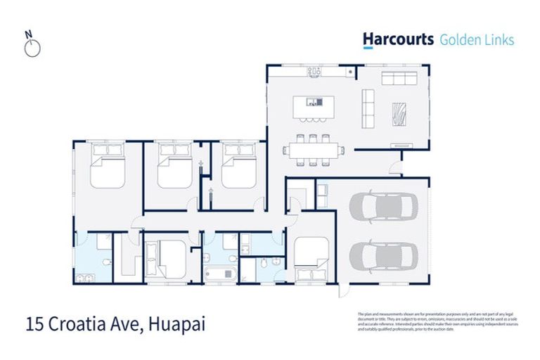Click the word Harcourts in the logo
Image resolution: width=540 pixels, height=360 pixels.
tap(398, 39)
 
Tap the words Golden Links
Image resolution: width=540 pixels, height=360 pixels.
tap(476, 39)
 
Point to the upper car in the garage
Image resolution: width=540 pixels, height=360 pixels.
tap(384, 207)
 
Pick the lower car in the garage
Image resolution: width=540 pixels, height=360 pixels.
tap(384, 257)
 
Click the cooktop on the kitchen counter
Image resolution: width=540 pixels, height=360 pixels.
tap(314, 72)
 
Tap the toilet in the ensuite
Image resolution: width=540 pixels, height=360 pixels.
tap(105, 262)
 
